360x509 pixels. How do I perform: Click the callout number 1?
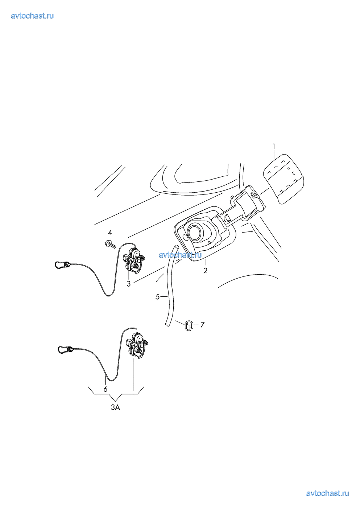pyautogui.click(x=274, y=146)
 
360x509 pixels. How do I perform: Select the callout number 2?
pyautogui.click(x=205, y=271)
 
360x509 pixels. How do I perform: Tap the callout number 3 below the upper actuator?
pyautogui.click(x=129, y=284)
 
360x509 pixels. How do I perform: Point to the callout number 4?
pyautogui.click(x=110, y=232)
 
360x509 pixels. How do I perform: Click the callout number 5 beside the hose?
pyautogui.click(x=158, y=297)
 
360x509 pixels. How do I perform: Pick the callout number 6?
pyautogui.click(x=105, y=389)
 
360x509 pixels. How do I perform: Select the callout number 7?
pyautogui.click(x=202, y=325)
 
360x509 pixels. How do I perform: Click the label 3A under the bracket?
pyautogui.click(x=115, y=408)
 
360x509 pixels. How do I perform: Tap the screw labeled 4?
pyautogui.click(x=111, y=245)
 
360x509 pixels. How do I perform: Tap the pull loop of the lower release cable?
pyautogui.click(x=64, y=349)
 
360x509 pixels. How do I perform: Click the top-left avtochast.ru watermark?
pyautogui.click(x=32, y=16)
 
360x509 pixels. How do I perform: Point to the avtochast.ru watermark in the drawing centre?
pyautogui.click(x=180, y=255)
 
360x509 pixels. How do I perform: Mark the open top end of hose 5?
pyautogui.click(x=176, y=247)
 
